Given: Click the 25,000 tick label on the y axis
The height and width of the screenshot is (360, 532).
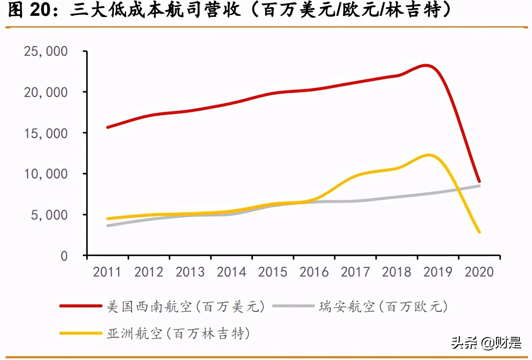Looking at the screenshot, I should pos(46,51).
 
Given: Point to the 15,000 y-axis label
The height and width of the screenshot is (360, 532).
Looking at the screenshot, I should pos(46,133).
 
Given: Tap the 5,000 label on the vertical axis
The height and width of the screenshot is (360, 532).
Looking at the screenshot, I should pos(49,215).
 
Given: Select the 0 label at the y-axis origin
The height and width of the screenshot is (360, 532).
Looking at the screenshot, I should pos(64,256).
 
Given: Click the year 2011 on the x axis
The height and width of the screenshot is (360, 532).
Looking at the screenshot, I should pos(107,272).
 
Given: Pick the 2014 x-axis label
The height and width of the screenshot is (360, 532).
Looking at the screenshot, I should pos(231,272).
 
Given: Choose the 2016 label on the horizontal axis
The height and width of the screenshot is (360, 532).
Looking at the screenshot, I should pos(314,272).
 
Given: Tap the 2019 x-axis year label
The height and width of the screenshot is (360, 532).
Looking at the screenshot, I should pos(438,272).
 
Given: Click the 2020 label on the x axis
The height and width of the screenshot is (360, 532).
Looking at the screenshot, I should pos(479,272).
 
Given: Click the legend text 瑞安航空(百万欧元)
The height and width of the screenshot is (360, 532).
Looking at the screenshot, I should pos(383,307).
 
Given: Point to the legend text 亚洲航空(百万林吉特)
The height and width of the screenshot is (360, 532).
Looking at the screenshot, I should pos(178,333).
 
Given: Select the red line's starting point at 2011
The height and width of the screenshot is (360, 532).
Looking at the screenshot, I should pos(108,127).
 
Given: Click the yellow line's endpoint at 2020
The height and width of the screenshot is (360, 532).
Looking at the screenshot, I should pos(479,232).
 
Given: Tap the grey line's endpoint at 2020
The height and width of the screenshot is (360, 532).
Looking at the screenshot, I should pos(479,186).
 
